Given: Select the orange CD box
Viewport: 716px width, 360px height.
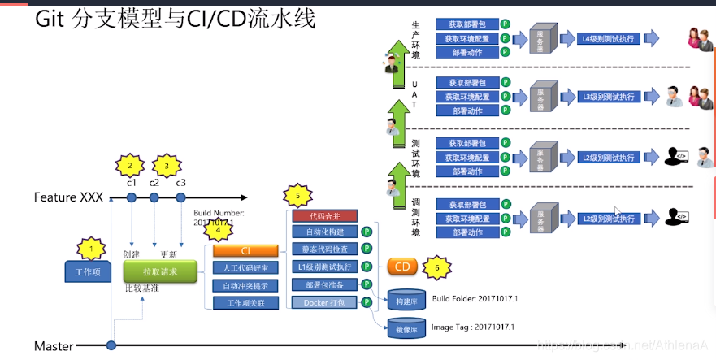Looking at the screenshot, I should pyautogui.click(x=402, y=267).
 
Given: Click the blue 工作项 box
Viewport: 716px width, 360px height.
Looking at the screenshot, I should pyautogui.click(x=88, y=271).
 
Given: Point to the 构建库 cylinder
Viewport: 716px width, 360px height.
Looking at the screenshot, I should pyautogui.click(x=406, y=298).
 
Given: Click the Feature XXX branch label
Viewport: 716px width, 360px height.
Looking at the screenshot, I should pyautogui.click(x=69, y=197).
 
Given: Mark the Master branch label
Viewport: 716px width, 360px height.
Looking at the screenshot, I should pyautogui.click(x=54, y=346).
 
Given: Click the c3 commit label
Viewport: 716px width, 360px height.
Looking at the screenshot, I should pyautogui.click(x=180, y=182).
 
